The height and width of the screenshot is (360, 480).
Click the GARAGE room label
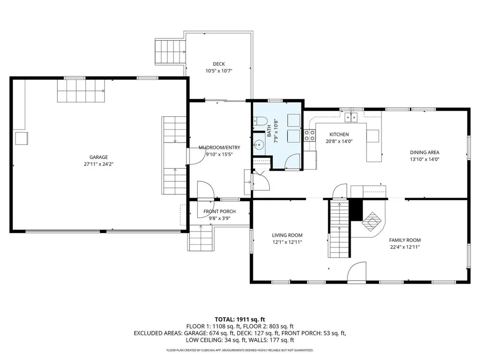(x=98, y=157)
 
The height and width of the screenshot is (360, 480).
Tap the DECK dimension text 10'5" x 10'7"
(x=219, y=71)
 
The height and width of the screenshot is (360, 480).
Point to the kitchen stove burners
(x=310, y=135)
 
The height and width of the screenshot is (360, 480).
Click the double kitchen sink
(x=352, y=117)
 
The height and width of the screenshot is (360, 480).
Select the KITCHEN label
(x=339, y=135)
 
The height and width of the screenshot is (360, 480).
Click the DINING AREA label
(x=425, y=152)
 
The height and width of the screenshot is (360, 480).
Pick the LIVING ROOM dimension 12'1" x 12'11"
(x=287, y=242)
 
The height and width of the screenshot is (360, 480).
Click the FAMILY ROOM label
(x=405, y=240)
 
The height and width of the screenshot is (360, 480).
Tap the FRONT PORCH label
(x=219, y=211)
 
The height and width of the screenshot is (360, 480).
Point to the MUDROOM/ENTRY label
(x=219, y=148)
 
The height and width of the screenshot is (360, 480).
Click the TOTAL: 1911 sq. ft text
(x=240, y=320)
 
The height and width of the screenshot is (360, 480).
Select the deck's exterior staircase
(x=171, y=52)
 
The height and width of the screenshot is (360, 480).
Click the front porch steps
(x=201, y=238)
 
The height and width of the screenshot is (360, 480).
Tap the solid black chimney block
(x=356, y=210)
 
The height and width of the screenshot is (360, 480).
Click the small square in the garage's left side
(x=22, y=138)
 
